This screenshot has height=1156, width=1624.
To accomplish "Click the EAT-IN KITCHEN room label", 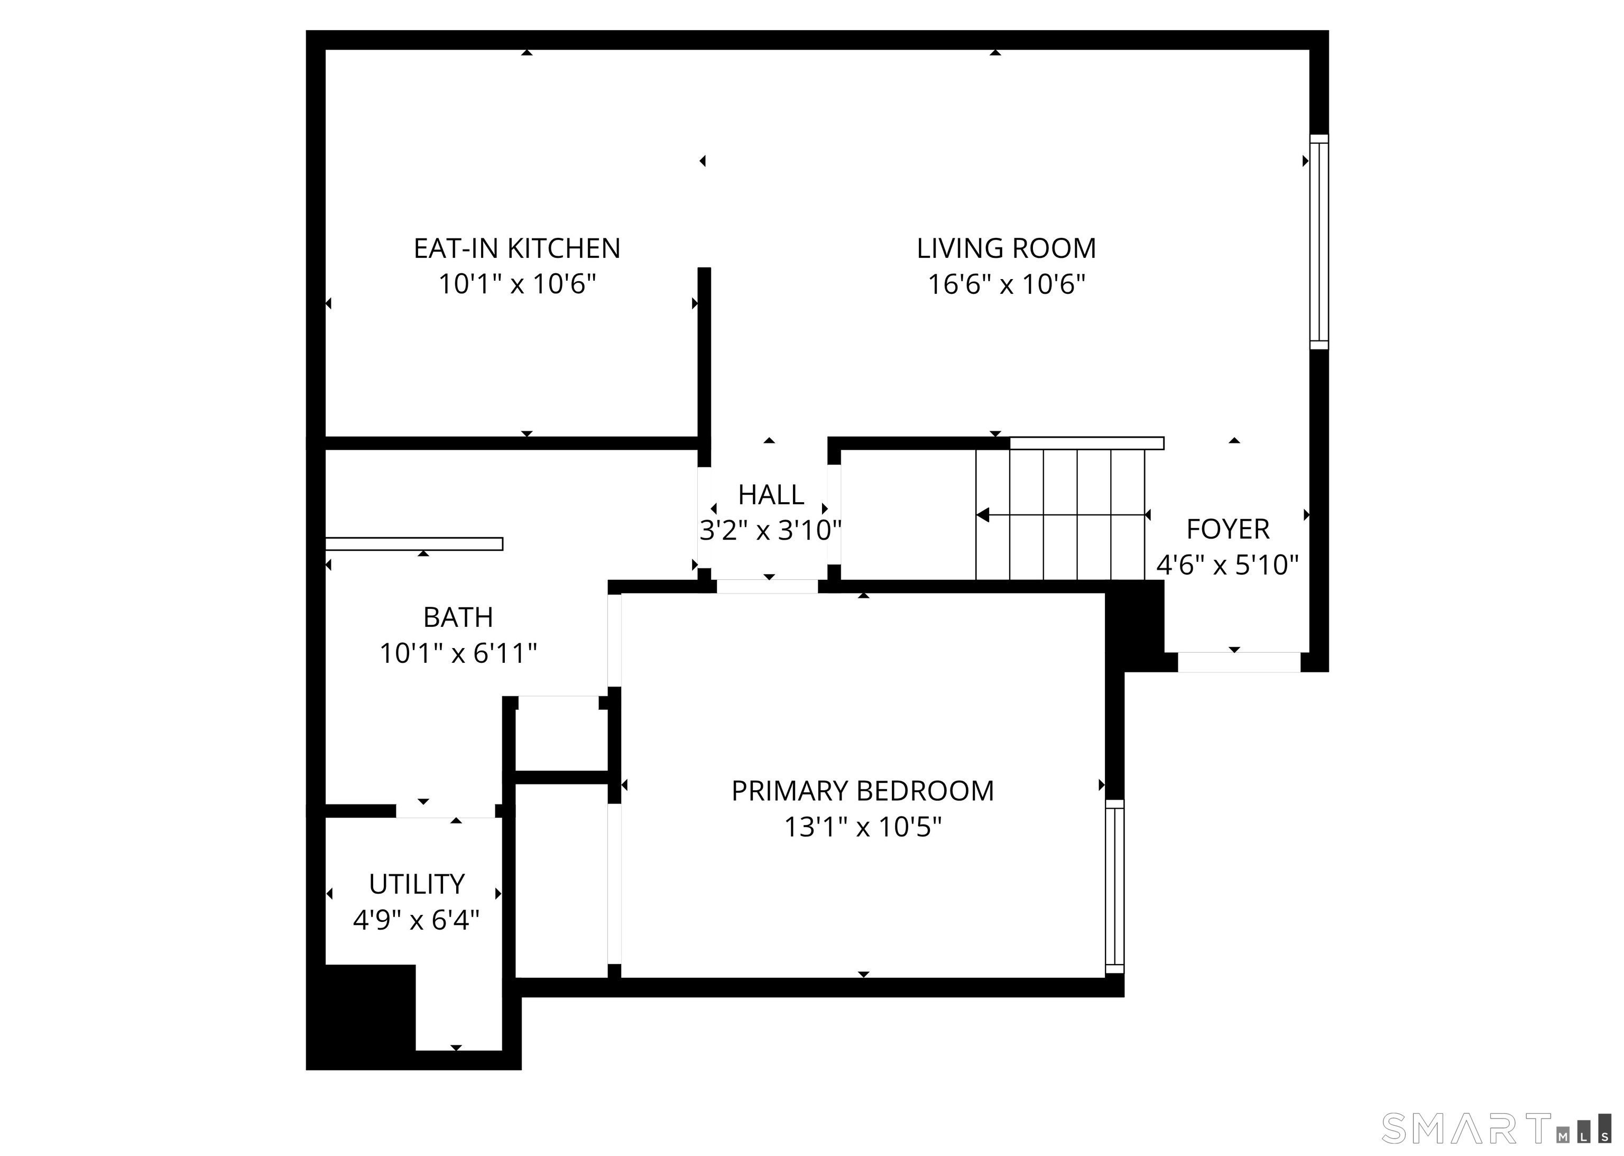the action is (517, 248).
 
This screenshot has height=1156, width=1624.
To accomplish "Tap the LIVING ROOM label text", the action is (1006, 248).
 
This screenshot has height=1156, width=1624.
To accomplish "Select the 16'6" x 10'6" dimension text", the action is (1006, 285).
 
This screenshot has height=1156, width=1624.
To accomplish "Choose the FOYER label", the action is (1228, 530).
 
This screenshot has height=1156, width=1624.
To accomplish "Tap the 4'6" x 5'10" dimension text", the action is (1228, 565).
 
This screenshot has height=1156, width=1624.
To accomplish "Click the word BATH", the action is (458, 617).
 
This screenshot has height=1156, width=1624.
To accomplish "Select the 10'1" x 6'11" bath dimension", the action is (458, 653).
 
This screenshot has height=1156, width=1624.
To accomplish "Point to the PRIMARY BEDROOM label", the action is (863, 791).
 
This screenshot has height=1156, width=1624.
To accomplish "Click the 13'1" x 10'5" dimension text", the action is (863, 827).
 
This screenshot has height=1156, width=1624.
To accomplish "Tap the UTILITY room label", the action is (417, 884).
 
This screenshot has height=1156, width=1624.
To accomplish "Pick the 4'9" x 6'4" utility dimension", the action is (417, 920).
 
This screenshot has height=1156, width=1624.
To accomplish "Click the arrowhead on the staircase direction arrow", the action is (983, 515).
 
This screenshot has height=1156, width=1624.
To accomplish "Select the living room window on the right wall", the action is (1319, 242).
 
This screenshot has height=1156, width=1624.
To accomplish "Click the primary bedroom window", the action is (1115, 886).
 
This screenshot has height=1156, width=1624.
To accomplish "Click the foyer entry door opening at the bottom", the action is (1239, 662).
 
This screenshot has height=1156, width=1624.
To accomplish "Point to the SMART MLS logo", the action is (1497, 1128).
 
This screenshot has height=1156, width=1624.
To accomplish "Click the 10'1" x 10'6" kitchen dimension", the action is (517, 285).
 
